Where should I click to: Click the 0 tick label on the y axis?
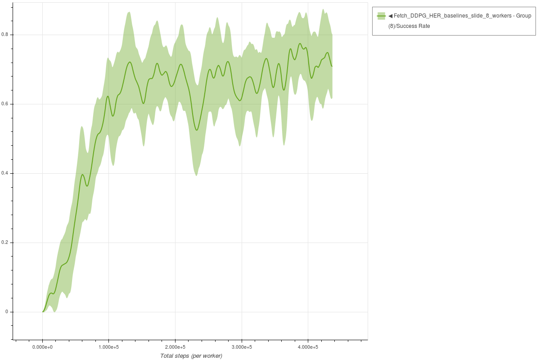click(7, 312)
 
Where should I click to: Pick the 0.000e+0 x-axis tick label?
click(42, 347)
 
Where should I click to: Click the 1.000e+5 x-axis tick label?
click(108, 347)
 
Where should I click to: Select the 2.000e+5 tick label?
click(175, 347)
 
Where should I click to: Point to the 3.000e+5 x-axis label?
click(242, 347)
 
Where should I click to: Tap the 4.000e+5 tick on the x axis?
click(308, 347)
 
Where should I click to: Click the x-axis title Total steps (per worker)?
click(191, 356)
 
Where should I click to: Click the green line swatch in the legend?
click(381, 16)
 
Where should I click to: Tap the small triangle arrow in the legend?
click(390, 16)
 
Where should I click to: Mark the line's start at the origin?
click(43, 311)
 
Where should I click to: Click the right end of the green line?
click(332, 66)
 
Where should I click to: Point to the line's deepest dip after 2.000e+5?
click(196, 130)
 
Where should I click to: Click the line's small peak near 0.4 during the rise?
click(82, 175)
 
